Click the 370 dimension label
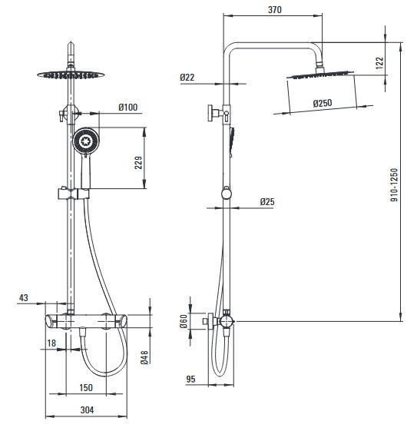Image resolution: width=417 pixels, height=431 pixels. [275, 10]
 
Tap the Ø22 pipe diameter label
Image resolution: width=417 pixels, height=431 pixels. [187, 78]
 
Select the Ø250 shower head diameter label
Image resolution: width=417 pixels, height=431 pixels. [323, 103]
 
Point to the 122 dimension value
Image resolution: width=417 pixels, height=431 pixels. [379, 63]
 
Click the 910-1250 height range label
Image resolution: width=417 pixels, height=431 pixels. [394, 184]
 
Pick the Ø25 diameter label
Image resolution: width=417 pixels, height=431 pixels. [267, 202]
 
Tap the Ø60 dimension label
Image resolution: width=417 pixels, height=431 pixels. [184, 321]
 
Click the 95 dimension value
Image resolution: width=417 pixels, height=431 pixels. [190, 379]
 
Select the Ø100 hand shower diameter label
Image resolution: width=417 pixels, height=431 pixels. [128, 108]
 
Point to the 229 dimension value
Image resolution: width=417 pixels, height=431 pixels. [138, 162]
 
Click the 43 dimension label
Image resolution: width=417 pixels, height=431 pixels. [24, 297]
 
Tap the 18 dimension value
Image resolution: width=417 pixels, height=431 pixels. [51, 343]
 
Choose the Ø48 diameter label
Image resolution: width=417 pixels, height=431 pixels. [144, 357]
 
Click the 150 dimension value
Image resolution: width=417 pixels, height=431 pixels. [86, 387]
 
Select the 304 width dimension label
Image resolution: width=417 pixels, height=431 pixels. [87, 409]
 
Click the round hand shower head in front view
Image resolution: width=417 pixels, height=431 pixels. [86, 141]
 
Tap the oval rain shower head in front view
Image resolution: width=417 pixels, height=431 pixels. [71, 75]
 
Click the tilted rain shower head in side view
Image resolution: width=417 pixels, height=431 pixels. [320, 75]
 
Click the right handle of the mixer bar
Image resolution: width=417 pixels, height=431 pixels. [122, 322]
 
